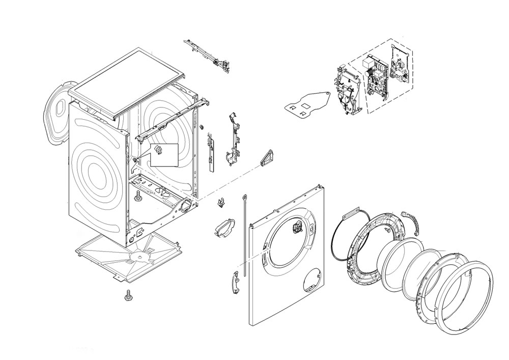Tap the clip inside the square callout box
[x=158, y=150]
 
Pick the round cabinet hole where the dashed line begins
[x=186, y=206]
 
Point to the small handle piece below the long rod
[x=235, y=282]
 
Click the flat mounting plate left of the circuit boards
[x=307, y=103]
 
